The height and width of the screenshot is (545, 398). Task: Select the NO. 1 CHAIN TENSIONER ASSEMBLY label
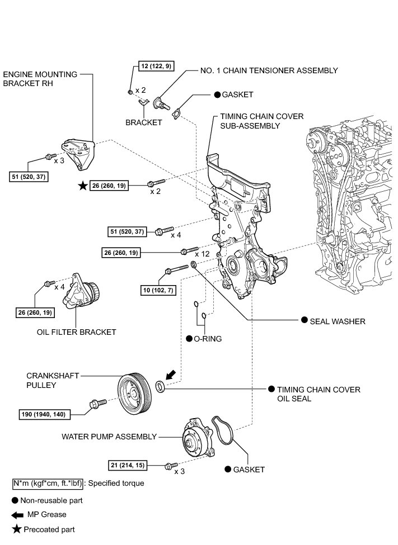pos(269,71)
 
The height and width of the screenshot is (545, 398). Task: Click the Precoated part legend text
pos(48,529)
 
